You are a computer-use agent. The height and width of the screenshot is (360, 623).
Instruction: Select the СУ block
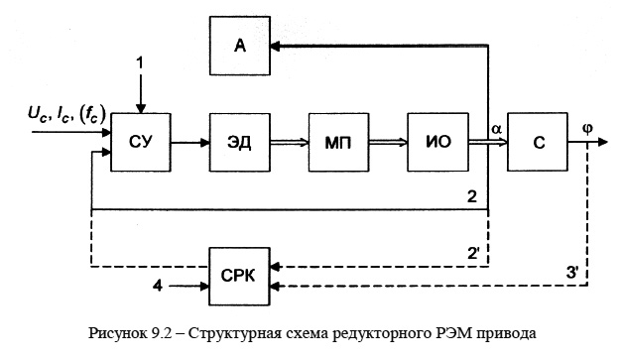click(x=140, y=143)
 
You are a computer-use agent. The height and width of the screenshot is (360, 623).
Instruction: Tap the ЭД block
click(x=239, y=143)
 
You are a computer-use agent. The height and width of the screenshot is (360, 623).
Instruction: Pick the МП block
click(x=337, y=143)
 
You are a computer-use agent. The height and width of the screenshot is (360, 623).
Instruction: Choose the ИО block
click(x=436, y=143)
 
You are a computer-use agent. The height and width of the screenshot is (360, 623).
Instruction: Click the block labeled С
click(x=537, y=143)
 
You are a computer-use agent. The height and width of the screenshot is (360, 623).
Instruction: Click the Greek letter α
click(x=495, y=130)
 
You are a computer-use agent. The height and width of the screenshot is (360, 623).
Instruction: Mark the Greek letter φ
click(x=587, y=129)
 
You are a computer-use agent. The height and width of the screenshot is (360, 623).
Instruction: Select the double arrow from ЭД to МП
click(x=288, y=143)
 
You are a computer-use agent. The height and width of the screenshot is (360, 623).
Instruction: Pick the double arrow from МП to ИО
click(x=387, y=143)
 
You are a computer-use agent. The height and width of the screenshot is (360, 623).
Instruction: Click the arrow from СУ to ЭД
click(x=189, y=143)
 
